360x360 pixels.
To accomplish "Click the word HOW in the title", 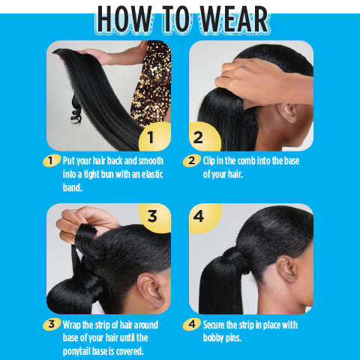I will tap(127, 21).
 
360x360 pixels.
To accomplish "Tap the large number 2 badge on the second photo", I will tap(199, 137).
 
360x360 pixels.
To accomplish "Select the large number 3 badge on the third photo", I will tap(152, 217).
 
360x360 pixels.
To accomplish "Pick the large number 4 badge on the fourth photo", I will tap(199, 217).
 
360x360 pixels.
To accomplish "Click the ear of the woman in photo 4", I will tap(286, 268).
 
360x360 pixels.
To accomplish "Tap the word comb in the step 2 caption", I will tap(246, 160).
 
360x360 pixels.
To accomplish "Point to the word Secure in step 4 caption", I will tap(217, 325).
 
